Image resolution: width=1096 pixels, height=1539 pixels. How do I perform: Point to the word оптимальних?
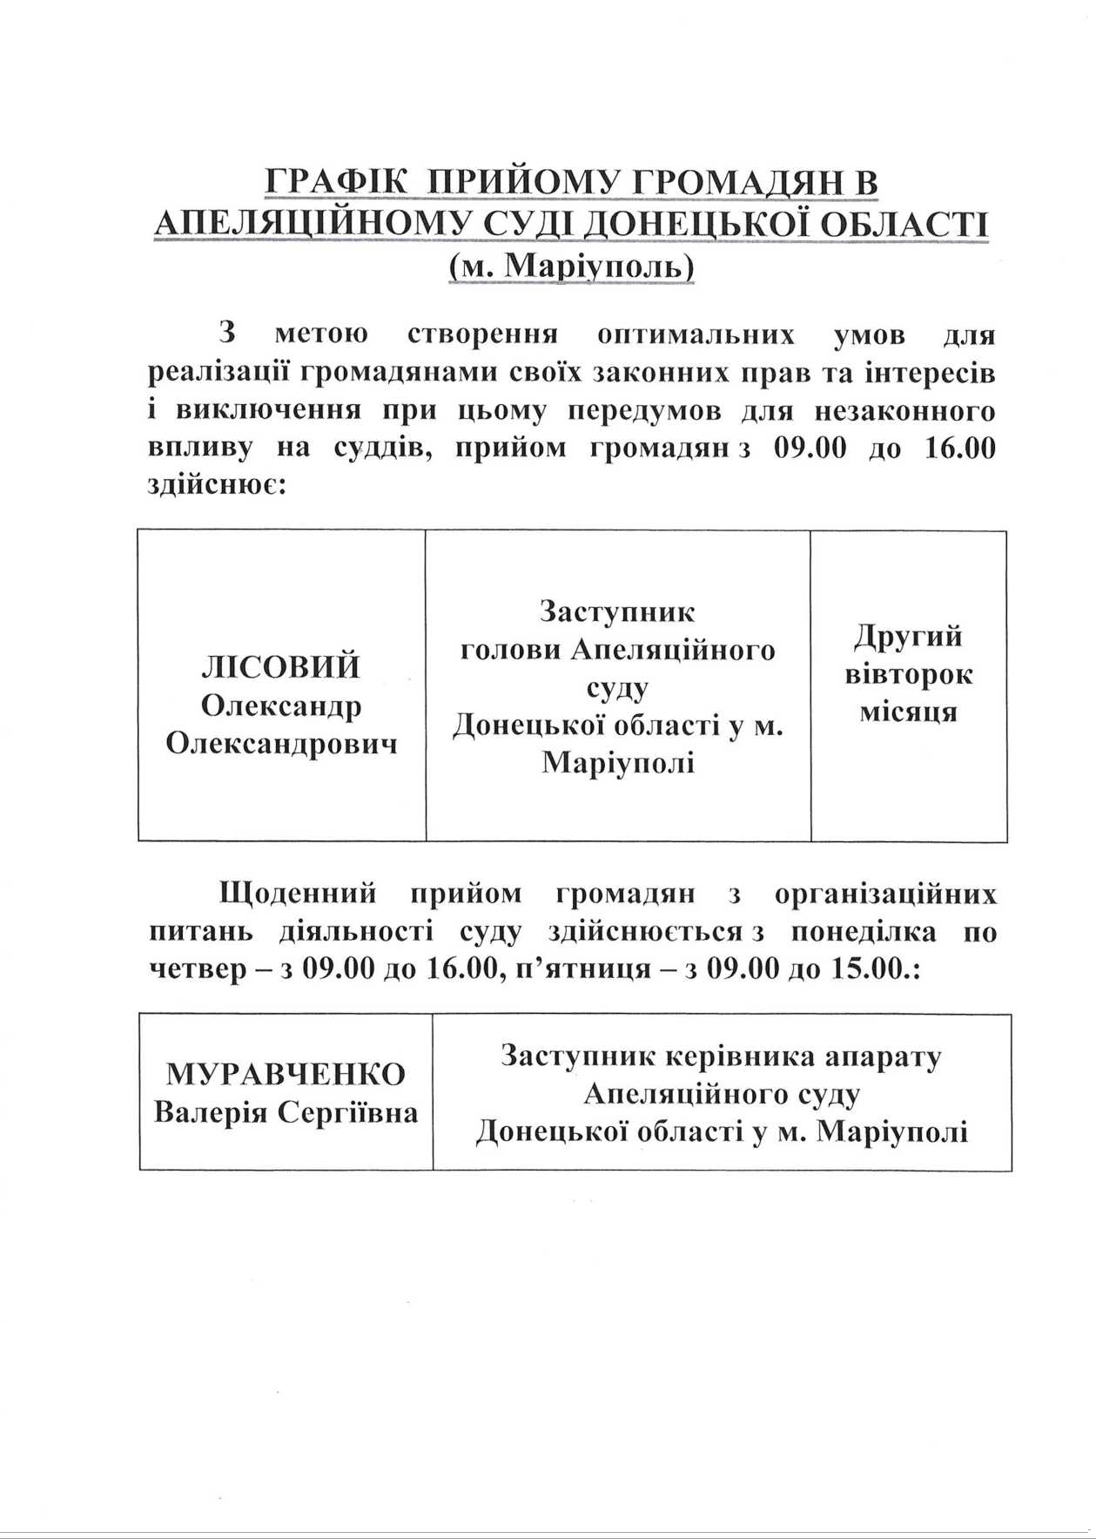click(x=696, y=335)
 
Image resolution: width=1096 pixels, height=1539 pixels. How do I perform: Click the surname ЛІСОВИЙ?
click(x=280, y=668)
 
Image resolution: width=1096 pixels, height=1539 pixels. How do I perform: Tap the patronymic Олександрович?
click(x=281, y=745)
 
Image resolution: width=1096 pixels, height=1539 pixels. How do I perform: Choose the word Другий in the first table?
click(x=908, y=637)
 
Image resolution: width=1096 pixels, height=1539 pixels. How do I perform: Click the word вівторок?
click(x=909, y=675)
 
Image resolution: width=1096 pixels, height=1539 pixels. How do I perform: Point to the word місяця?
click(x=909, y=712)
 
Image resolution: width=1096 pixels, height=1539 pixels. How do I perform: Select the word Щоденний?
click(x=299, y=894)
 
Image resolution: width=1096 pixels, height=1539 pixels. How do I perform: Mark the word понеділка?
click(x=864, y=932)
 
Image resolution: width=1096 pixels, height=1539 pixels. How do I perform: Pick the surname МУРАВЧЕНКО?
click(x=286, y=1075)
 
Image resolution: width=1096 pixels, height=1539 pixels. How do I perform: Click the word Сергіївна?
click(x=348, y=1113)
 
